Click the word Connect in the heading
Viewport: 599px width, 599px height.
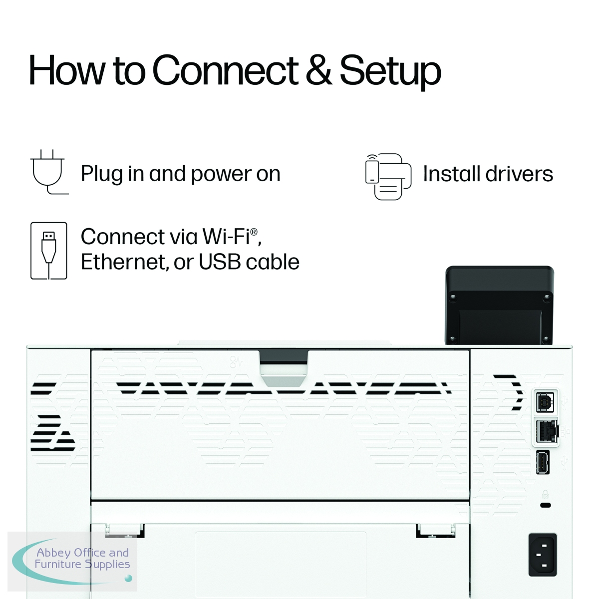225,70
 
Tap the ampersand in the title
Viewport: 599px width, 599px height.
318,70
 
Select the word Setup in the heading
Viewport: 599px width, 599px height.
390,73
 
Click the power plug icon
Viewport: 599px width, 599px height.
49,172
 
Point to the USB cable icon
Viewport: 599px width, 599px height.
49,251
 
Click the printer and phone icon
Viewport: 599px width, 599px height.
388,176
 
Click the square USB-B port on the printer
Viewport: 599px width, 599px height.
545,402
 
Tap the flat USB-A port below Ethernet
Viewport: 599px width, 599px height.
543,462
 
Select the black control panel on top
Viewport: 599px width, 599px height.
500,305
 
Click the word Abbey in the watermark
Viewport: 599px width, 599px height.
54,553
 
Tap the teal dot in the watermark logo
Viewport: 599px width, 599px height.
128,578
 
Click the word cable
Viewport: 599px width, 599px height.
273,262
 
